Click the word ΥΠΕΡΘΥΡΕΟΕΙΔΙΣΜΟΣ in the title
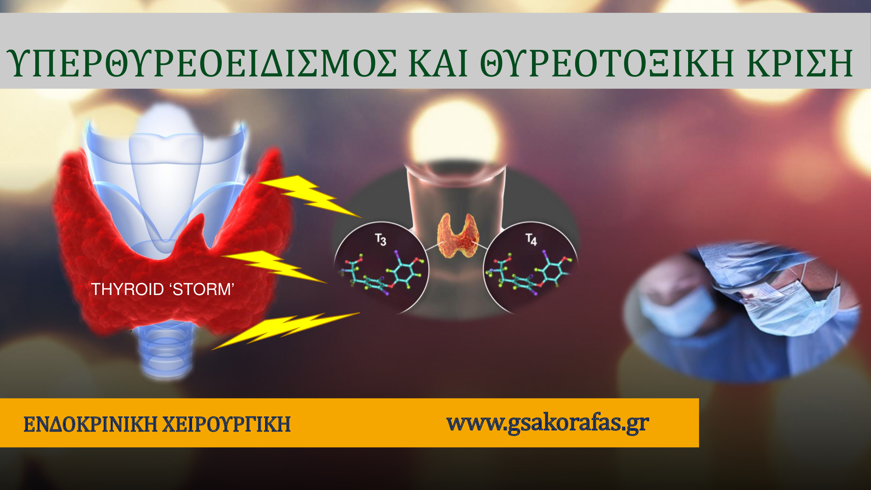coord(202,63)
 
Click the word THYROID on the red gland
coord(127,289)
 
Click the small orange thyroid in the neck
coord(458,235)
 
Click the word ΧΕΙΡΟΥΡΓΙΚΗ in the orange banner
coord(227,424)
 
